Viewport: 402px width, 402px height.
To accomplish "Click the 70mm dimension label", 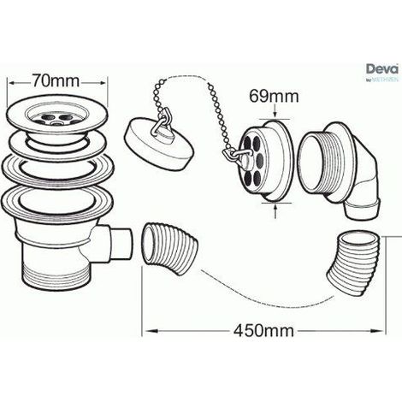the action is [x=56, y=80].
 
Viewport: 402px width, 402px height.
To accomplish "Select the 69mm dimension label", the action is [x=274, y=96].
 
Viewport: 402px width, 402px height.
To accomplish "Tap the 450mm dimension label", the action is [x=263, y=331].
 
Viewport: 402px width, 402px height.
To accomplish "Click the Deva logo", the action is [x=382, y=72].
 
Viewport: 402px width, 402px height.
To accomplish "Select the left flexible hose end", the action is [x=170, y=249].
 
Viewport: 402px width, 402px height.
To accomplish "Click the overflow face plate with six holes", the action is [x=267, y=161].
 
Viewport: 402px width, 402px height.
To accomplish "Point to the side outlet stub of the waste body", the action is [x=120, y=243].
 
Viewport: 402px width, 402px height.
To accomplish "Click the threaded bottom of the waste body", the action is [x=54, y=278].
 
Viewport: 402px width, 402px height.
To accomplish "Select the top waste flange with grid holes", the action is [x=57, y=115].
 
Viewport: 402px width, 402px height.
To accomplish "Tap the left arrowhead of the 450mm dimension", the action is [x=152, y=331].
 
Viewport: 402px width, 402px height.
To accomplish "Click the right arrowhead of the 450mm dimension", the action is [x=376, y=331].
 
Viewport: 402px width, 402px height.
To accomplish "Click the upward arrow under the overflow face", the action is [x=275, y=210].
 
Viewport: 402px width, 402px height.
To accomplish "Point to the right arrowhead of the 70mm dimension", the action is [x=103, y=82].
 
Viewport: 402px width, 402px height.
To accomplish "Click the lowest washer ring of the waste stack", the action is [x=58, y=200].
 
